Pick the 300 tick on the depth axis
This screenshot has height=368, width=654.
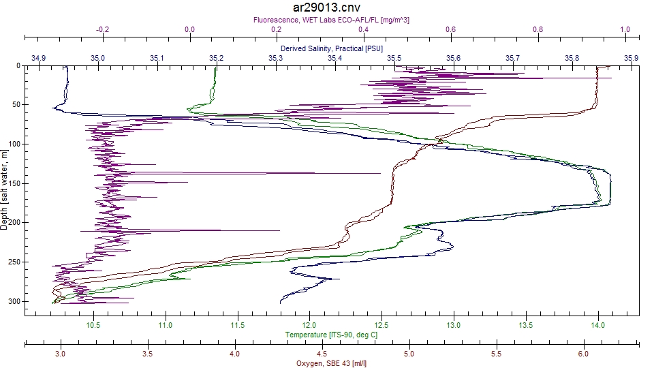click(15, 301)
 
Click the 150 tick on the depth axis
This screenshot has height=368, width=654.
click(15, 183)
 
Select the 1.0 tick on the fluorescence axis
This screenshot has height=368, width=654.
click(625, 30)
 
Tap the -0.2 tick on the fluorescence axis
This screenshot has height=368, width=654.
click(102, 30)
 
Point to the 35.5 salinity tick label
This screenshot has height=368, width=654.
click(394, 58)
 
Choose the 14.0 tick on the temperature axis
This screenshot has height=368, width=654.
click(598, 326)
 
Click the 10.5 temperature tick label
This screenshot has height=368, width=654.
click(93, 326)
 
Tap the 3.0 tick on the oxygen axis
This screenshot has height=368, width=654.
click(60, 354)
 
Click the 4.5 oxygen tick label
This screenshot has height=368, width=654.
click(322, 354)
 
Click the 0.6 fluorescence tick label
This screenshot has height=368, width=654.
click(451, 30)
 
